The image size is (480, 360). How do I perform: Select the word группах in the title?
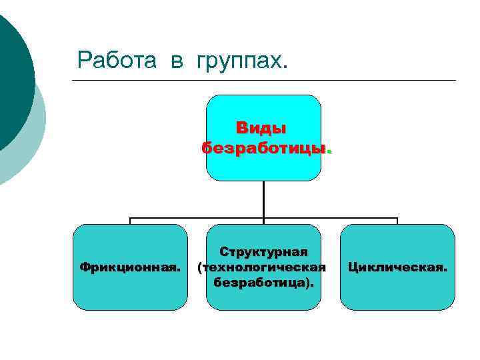coord(238,61)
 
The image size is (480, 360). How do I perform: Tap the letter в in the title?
coord(177,62)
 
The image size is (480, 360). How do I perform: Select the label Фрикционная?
coord(130,267)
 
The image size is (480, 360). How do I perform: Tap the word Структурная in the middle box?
coord(264,252)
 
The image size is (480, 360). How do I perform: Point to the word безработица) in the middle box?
coord(263,283)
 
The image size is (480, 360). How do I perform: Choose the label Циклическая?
coord(397,267)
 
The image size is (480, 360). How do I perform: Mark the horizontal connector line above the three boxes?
coord(200,218)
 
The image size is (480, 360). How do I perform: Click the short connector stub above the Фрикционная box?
coord(130,221)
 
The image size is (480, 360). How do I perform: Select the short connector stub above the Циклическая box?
coord(397,221)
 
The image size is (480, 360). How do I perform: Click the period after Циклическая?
coord(445,271)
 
